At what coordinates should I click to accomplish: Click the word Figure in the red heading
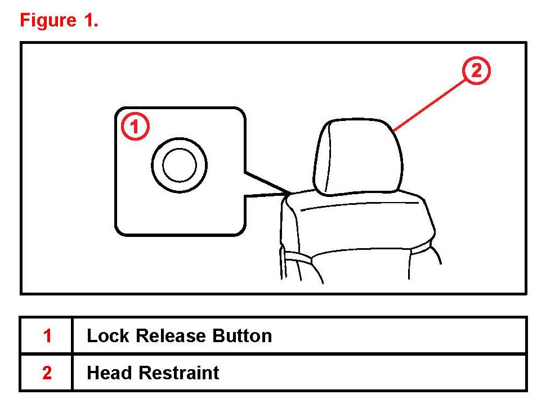click(48, 20)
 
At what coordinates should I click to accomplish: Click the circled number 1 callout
click(135, 127)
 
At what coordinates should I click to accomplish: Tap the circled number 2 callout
click(476, 71)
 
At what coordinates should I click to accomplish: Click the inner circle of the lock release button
click(179, 165)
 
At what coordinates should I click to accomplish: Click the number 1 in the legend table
click(47, 336)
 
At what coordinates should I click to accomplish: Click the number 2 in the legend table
click(47, 373)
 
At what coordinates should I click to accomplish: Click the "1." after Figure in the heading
click(90, 20)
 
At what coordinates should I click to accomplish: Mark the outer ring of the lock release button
click(179, 147)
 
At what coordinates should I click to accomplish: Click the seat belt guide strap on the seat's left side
click(298, 257)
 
